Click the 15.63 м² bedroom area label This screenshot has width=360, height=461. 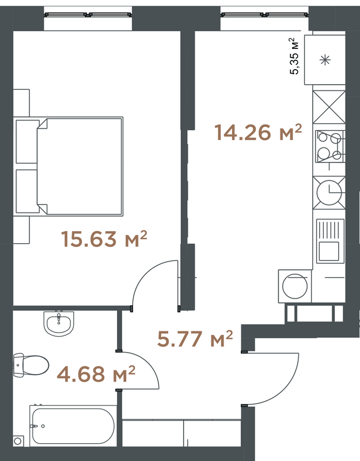point(104,239)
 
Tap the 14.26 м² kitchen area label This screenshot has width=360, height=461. point(258,133)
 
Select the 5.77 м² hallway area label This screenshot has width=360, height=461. point(195,339)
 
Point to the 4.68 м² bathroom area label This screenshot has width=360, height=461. point(96,374)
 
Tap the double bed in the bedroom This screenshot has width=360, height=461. point(69,167)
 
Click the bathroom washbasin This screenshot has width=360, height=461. point(59,323)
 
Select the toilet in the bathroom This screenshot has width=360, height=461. point(31,365)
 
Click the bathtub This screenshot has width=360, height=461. point(73,426)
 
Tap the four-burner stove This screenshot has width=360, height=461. point(329,147)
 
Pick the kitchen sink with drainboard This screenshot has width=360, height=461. point(330,241)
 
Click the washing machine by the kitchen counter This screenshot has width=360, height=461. point(295,286)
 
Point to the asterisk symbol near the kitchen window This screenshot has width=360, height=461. point(325,60)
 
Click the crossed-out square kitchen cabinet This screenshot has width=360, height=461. point(329,107)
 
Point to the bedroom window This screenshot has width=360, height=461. point(88,14)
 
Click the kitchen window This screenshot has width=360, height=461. point(265,14)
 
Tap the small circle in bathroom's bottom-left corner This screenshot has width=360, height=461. point(18,441)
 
